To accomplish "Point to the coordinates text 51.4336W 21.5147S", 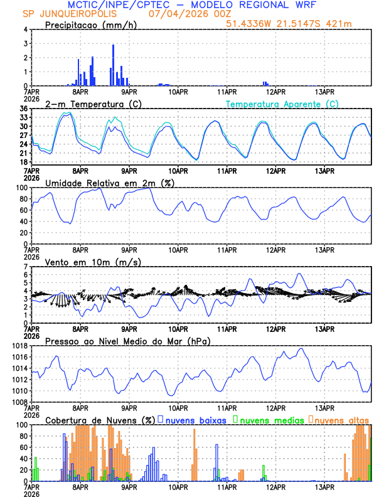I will click(x=280, y=24).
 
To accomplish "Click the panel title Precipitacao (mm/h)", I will click(x=88, y=24).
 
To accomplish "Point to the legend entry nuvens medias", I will click(x=271, y=420).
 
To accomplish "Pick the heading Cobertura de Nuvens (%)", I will click(x=100, y=420).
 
